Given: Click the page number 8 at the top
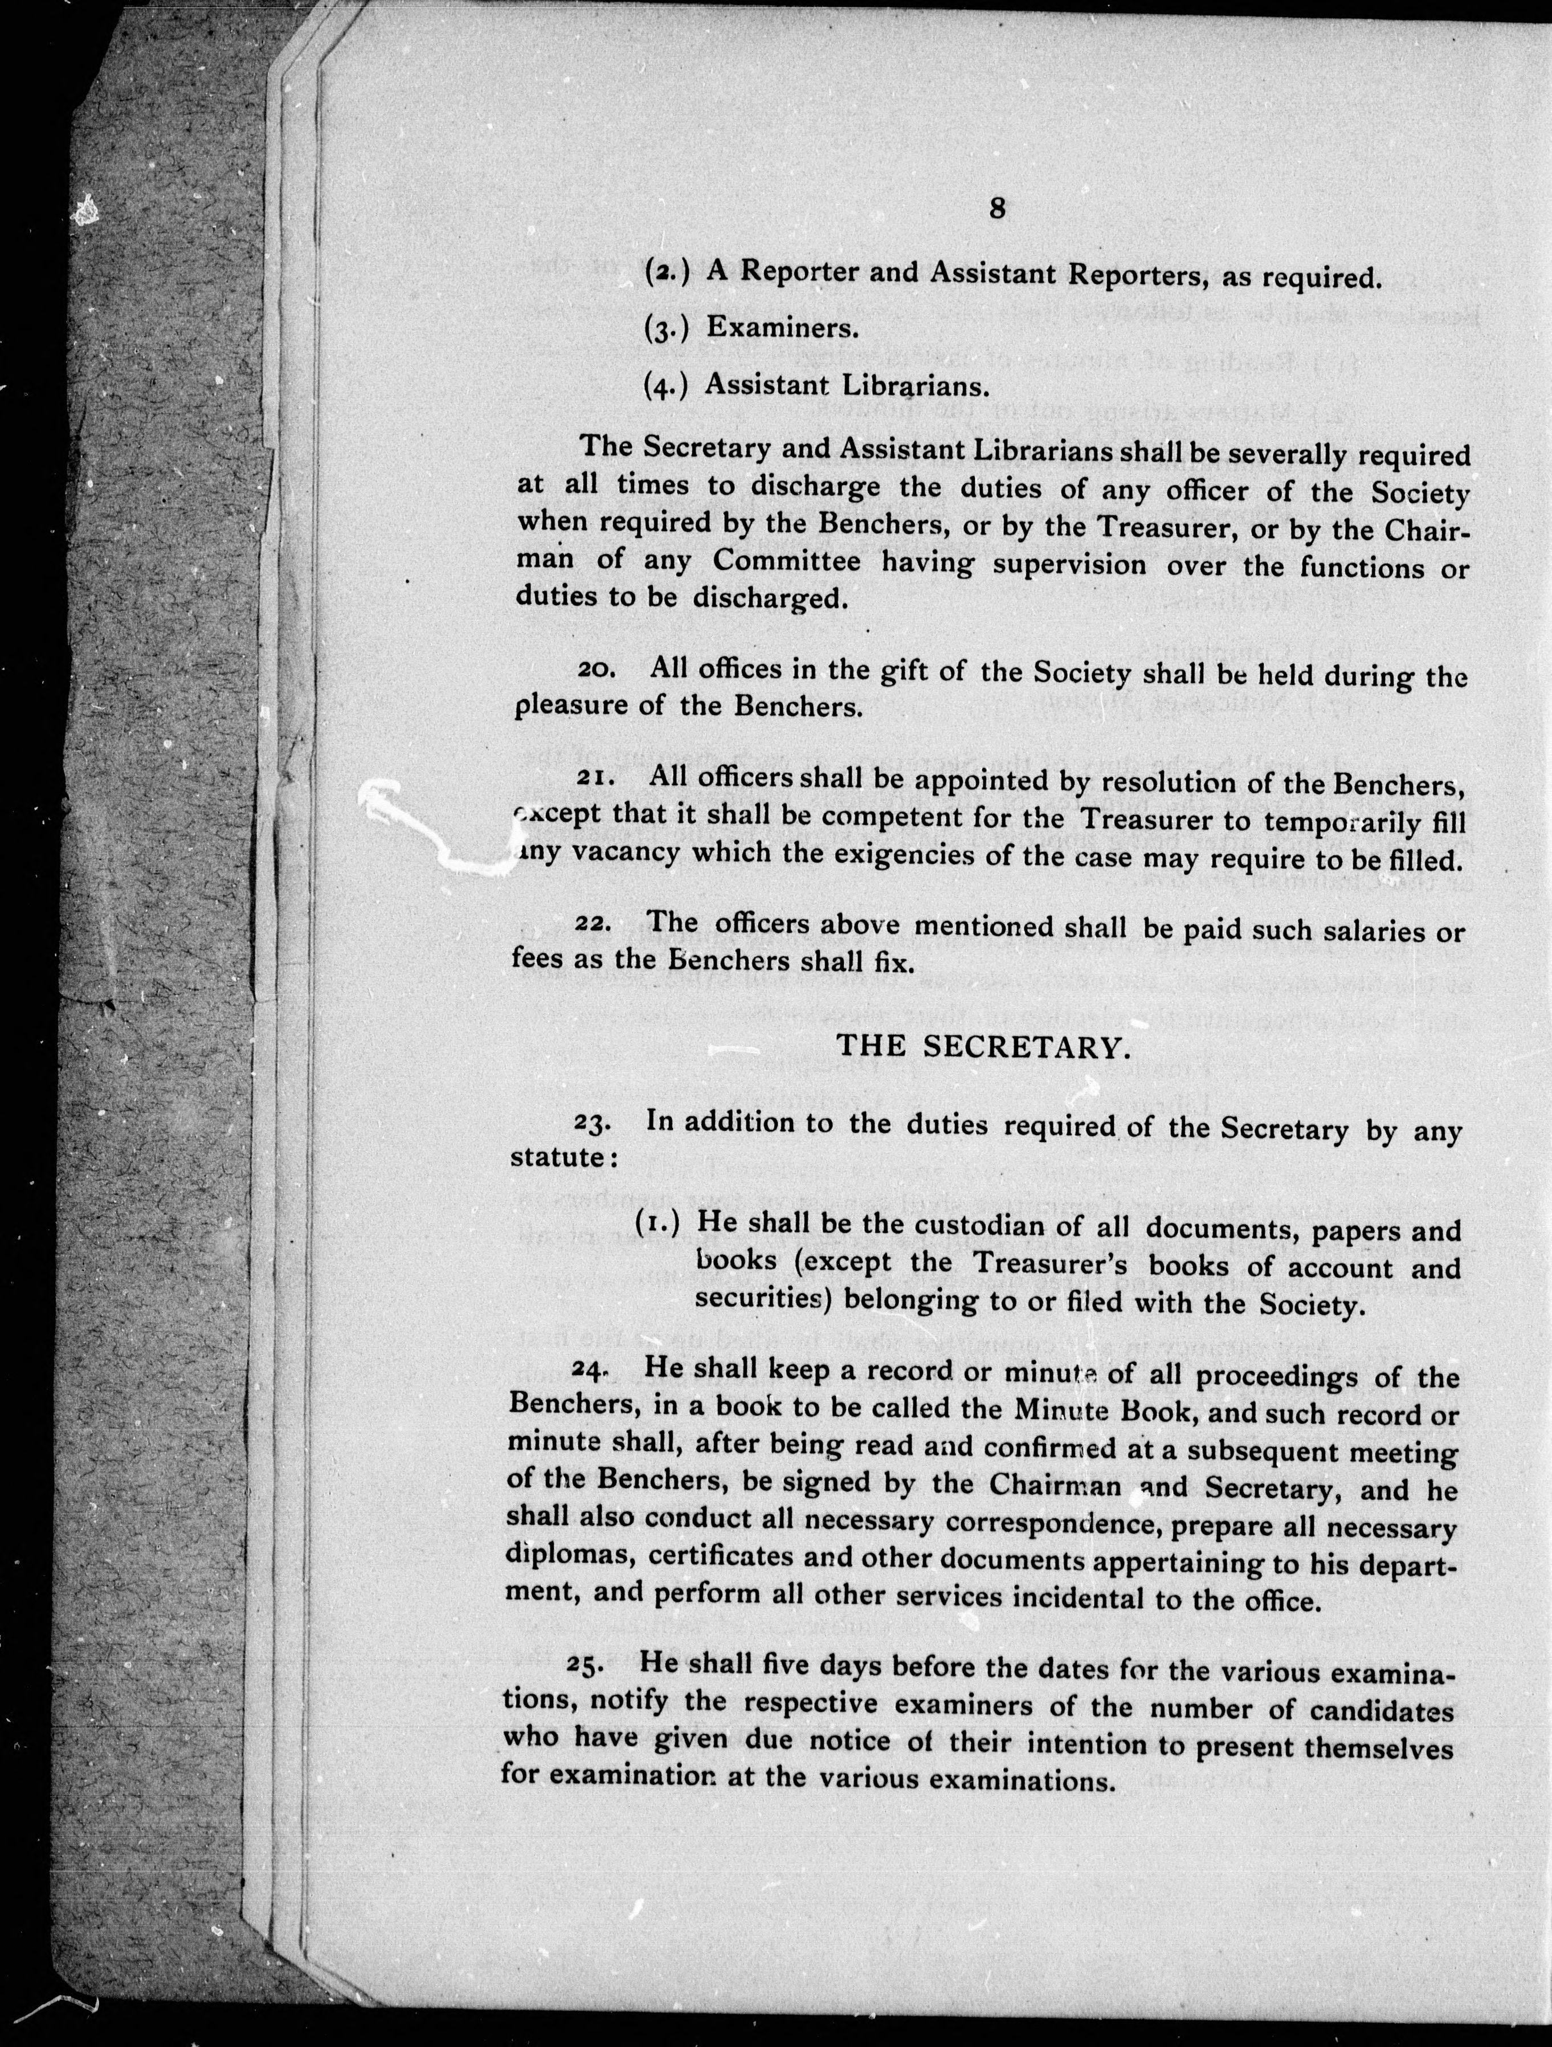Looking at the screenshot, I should point(996,209).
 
